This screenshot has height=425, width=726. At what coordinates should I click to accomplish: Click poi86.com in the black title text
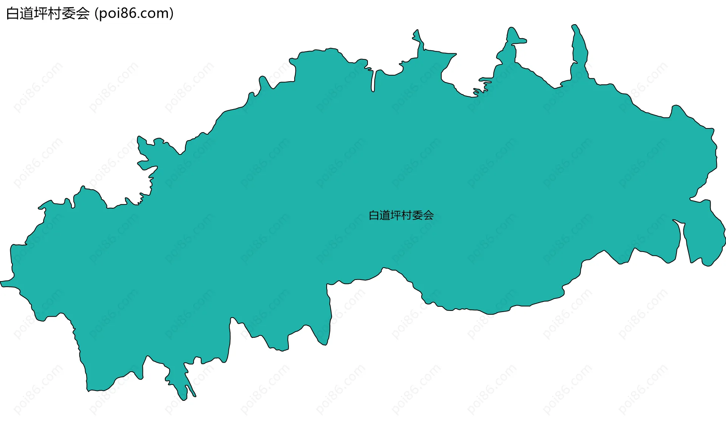[x=134, y=14]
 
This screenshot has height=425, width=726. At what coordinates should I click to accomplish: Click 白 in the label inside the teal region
[x=374, y=215]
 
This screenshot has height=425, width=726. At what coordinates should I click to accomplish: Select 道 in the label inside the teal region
[x=385, y=215]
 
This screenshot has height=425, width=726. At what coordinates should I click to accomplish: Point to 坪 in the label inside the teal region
[x=396, y=215]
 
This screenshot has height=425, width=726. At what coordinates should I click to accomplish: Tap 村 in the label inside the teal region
[x=407, y=215]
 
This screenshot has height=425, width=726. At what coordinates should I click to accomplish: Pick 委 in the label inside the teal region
[x=418, y=215]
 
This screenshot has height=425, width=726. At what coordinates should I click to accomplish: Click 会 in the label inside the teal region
[x=428, y=215]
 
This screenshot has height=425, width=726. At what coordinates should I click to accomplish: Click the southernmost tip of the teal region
[x=183, y=399]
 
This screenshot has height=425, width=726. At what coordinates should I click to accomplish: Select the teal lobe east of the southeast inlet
[x=703, y=238]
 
